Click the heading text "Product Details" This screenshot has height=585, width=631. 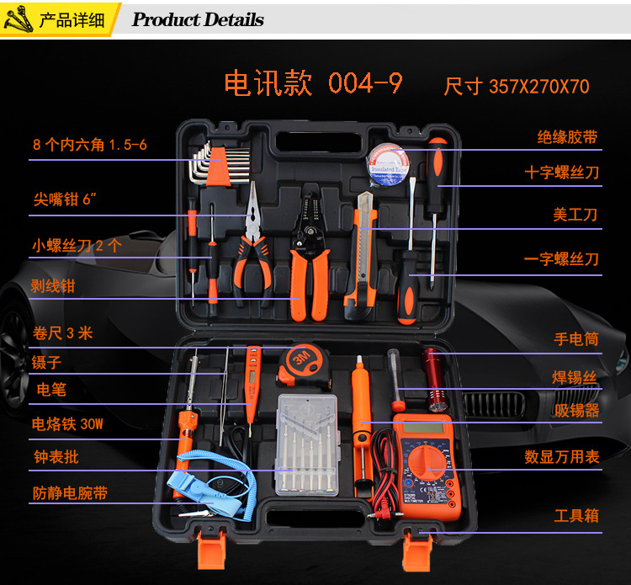coord(198,19)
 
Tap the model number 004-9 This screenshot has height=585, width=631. coord(365,83)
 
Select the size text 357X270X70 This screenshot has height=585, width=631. coord(538,86)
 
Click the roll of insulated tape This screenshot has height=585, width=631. coord(389,165)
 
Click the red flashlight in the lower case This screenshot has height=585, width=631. coord(435,380)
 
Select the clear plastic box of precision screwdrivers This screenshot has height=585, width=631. coord(307,444)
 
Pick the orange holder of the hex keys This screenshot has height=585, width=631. coord(219,167)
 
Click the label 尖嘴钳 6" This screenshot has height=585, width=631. coord(65,199)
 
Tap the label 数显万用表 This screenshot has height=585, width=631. coord(562,456)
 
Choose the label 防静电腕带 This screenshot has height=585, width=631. coord(70,492)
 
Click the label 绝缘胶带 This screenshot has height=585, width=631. coord(567,137)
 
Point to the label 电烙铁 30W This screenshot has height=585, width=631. coord(67,423)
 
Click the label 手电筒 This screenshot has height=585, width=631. coord(576,339)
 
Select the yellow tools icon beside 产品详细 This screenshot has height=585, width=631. coord(19,19)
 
